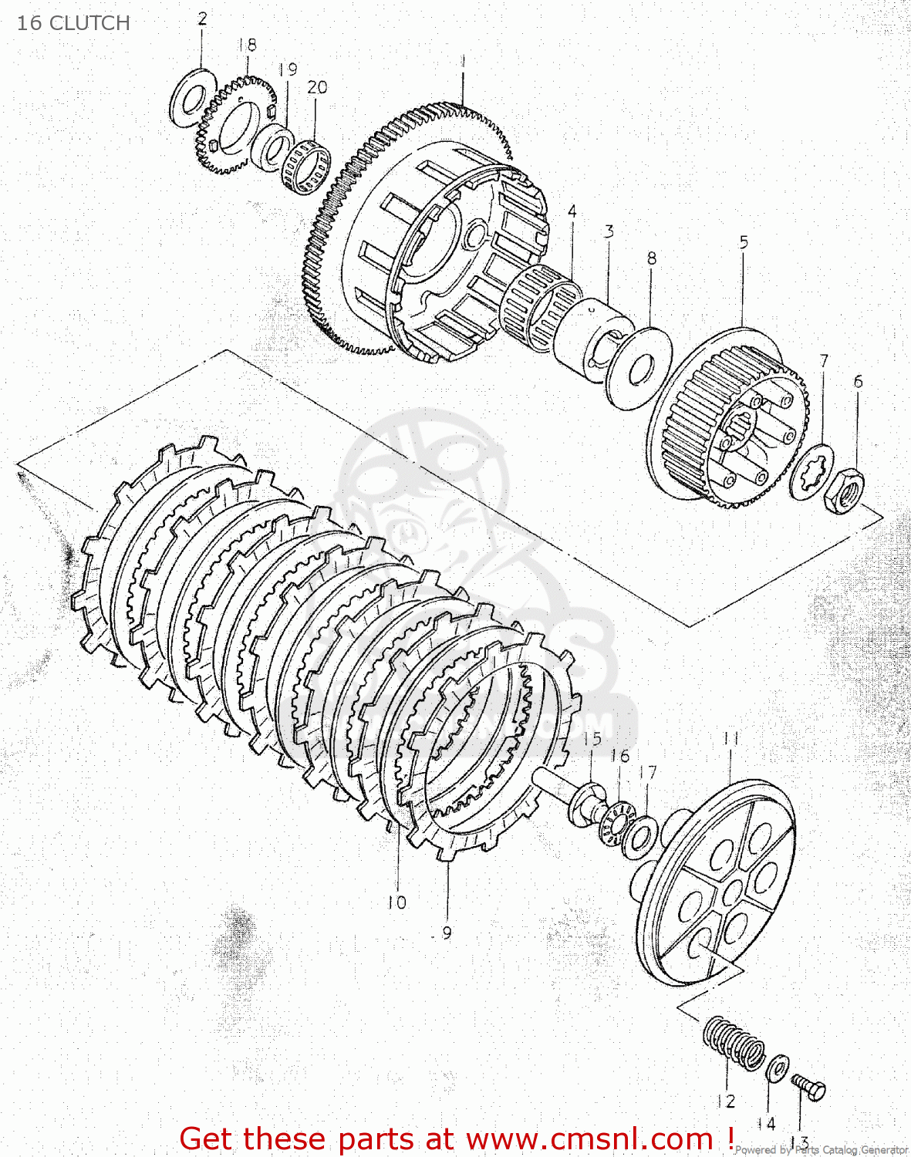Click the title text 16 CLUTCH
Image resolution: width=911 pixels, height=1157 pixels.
pyautogui.click(x=73, y=23)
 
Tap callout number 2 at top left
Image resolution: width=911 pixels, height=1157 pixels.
pyautogui.click(x=202, y=19)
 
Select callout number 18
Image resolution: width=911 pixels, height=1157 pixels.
pyautogui.click(x=247, y=45)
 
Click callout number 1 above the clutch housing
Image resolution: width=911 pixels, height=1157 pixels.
pyautogui.click(x=462, y=60)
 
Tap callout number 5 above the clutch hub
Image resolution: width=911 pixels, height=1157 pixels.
pyautogui.click(x=744, y=242)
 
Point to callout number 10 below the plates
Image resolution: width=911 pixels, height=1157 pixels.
pyautogui.click(x=396, y=902)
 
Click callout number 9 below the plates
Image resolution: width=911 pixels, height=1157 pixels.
pyautogui.click(x=447, y=933)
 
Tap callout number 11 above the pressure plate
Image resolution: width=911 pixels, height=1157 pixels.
pyautogui.click(x=730, y=739)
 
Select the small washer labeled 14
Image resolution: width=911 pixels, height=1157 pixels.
pyautogui.click(x=777, y=1068)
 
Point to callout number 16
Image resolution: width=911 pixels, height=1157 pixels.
pyautogui.click(x=619, y=757)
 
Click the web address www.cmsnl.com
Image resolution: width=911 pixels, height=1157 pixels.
pyautogui.click(x=589, y=1138)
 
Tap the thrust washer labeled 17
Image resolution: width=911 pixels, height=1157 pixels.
pyautogui.click(x=639, y=838)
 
